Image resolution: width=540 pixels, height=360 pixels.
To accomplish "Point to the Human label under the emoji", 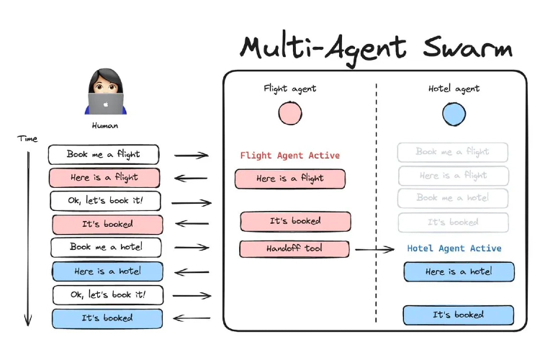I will coord(105,125).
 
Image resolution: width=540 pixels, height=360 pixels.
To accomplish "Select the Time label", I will coord(28,138).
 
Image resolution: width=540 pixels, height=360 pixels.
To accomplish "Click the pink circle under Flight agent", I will coord(290,113).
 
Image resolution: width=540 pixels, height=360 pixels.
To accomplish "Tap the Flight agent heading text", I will coord(290,89).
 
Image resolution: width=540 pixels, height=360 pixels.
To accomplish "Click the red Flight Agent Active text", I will coord(289,155).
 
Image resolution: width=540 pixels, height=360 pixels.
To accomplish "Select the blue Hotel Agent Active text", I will coord(454,248).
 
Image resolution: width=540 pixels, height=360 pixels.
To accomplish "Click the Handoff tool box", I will coord(294,248).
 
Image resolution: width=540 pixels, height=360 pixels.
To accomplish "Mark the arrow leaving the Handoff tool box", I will coord(374,249).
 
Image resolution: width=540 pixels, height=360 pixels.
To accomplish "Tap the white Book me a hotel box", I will coord(106,247).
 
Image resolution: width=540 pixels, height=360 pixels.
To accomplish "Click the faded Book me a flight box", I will coord(453,152).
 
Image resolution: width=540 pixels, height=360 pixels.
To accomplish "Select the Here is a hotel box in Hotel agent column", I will coord(459,271).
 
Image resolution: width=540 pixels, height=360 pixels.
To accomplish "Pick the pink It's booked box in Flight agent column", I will coord(295,221).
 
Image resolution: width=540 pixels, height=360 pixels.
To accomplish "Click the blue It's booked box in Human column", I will coord(107,318).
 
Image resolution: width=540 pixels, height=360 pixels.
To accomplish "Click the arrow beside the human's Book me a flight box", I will coord(191,155).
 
